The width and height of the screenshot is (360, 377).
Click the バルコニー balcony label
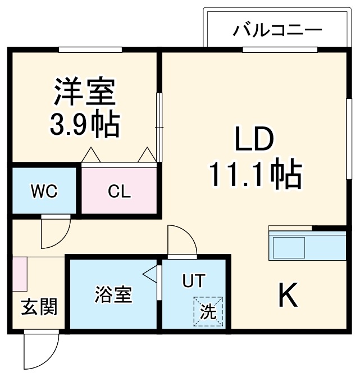pos(277,29)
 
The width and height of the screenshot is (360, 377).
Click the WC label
pos(44,192)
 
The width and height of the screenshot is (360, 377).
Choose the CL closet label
pos(119,192)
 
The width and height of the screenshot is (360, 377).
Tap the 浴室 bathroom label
pos(113,294)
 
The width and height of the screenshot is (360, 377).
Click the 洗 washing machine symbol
pos(209,311)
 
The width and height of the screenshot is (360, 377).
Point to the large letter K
pos(288,296)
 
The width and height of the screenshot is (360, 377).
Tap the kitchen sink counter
pos(288,246)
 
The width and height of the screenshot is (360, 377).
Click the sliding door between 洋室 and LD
pos(159,126)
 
